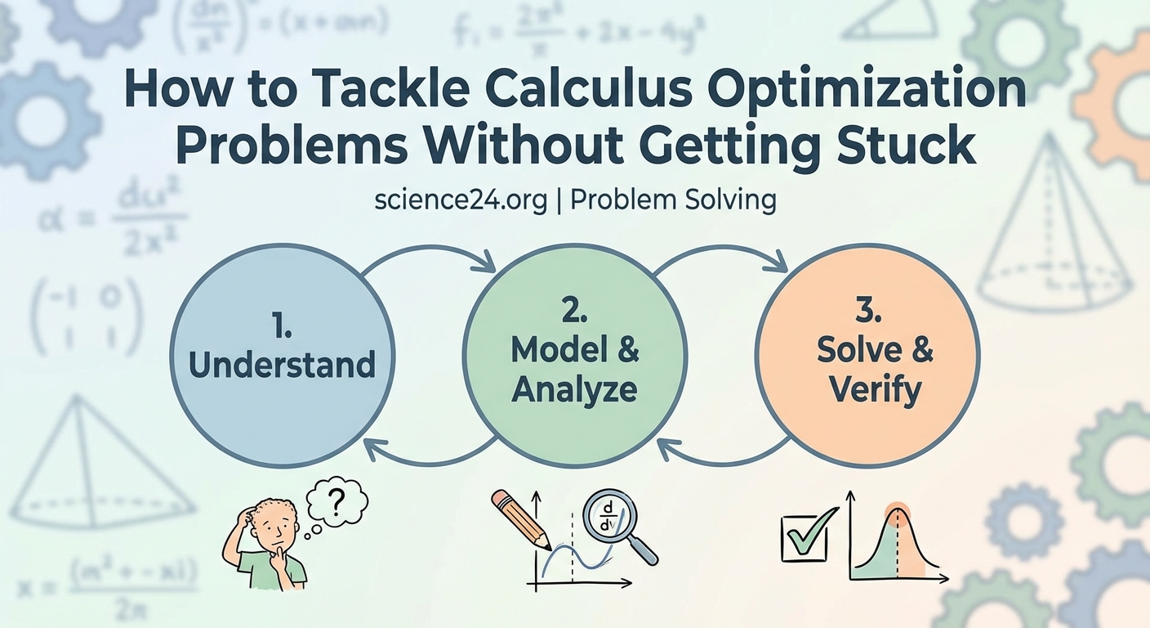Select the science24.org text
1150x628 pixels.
coord(461,200)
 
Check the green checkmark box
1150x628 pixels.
coord(804,536)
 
